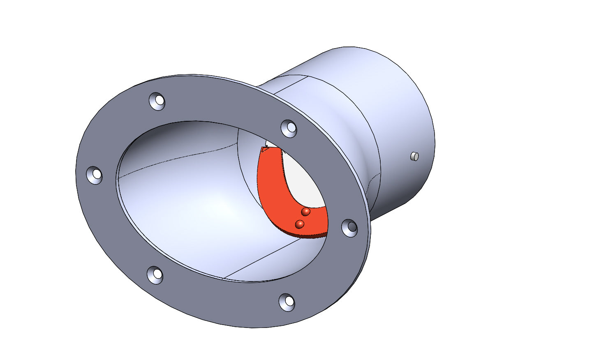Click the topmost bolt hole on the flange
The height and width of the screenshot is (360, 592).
pyautogui.click(x=157, y=101)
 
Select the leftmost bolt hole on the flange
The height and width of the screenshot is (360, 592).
pyautogui.click(x=95, y=175)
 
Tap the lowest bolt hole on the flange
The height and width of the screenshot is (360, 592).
pyautogui.click(x=287, y=302)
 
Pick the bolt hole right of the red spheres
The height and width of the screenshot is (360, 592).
pyautogui.click(x=350, y=227)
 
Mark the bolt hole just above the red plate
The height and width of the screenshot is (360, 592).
pyautogui.click(x=289, y=128)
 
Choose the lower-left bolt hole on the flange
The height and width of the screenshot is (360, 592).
pyautogui.click(x=155, y=275)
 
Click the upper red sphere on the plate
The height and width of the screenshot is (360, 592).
pyautogui.click(x=305, y=212)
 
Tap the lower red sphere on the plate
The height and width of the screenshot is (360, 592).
pyautogui.click(x=300, y=224)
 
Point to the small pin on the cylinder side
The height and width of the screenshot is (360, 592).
pyautogui.click(x=414, y=156)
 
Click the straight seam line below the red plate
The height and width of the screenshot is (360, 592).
pyautogui.click(x=263, y=259)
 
